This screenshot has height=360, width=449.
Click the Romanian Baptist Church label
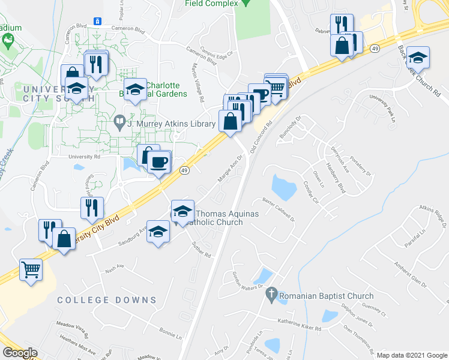tap(327, 296)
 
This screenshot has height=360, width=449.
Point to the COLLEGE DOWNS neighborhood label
tap(107, 300)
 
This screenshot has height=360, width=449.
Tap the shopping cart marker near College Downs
tap(31, 269)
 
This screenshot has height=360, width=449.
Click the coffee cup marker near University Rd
tap(158, 162)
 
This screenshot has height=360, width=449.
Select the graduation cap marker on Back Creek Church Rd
tap(418, 58)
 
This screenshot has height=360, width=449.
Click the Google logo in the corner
tap(20, 353)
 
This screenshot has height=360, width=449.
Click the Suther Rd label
tap(202, 249)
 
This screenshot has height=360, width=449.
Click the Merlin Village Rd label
tap(198, 80)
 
